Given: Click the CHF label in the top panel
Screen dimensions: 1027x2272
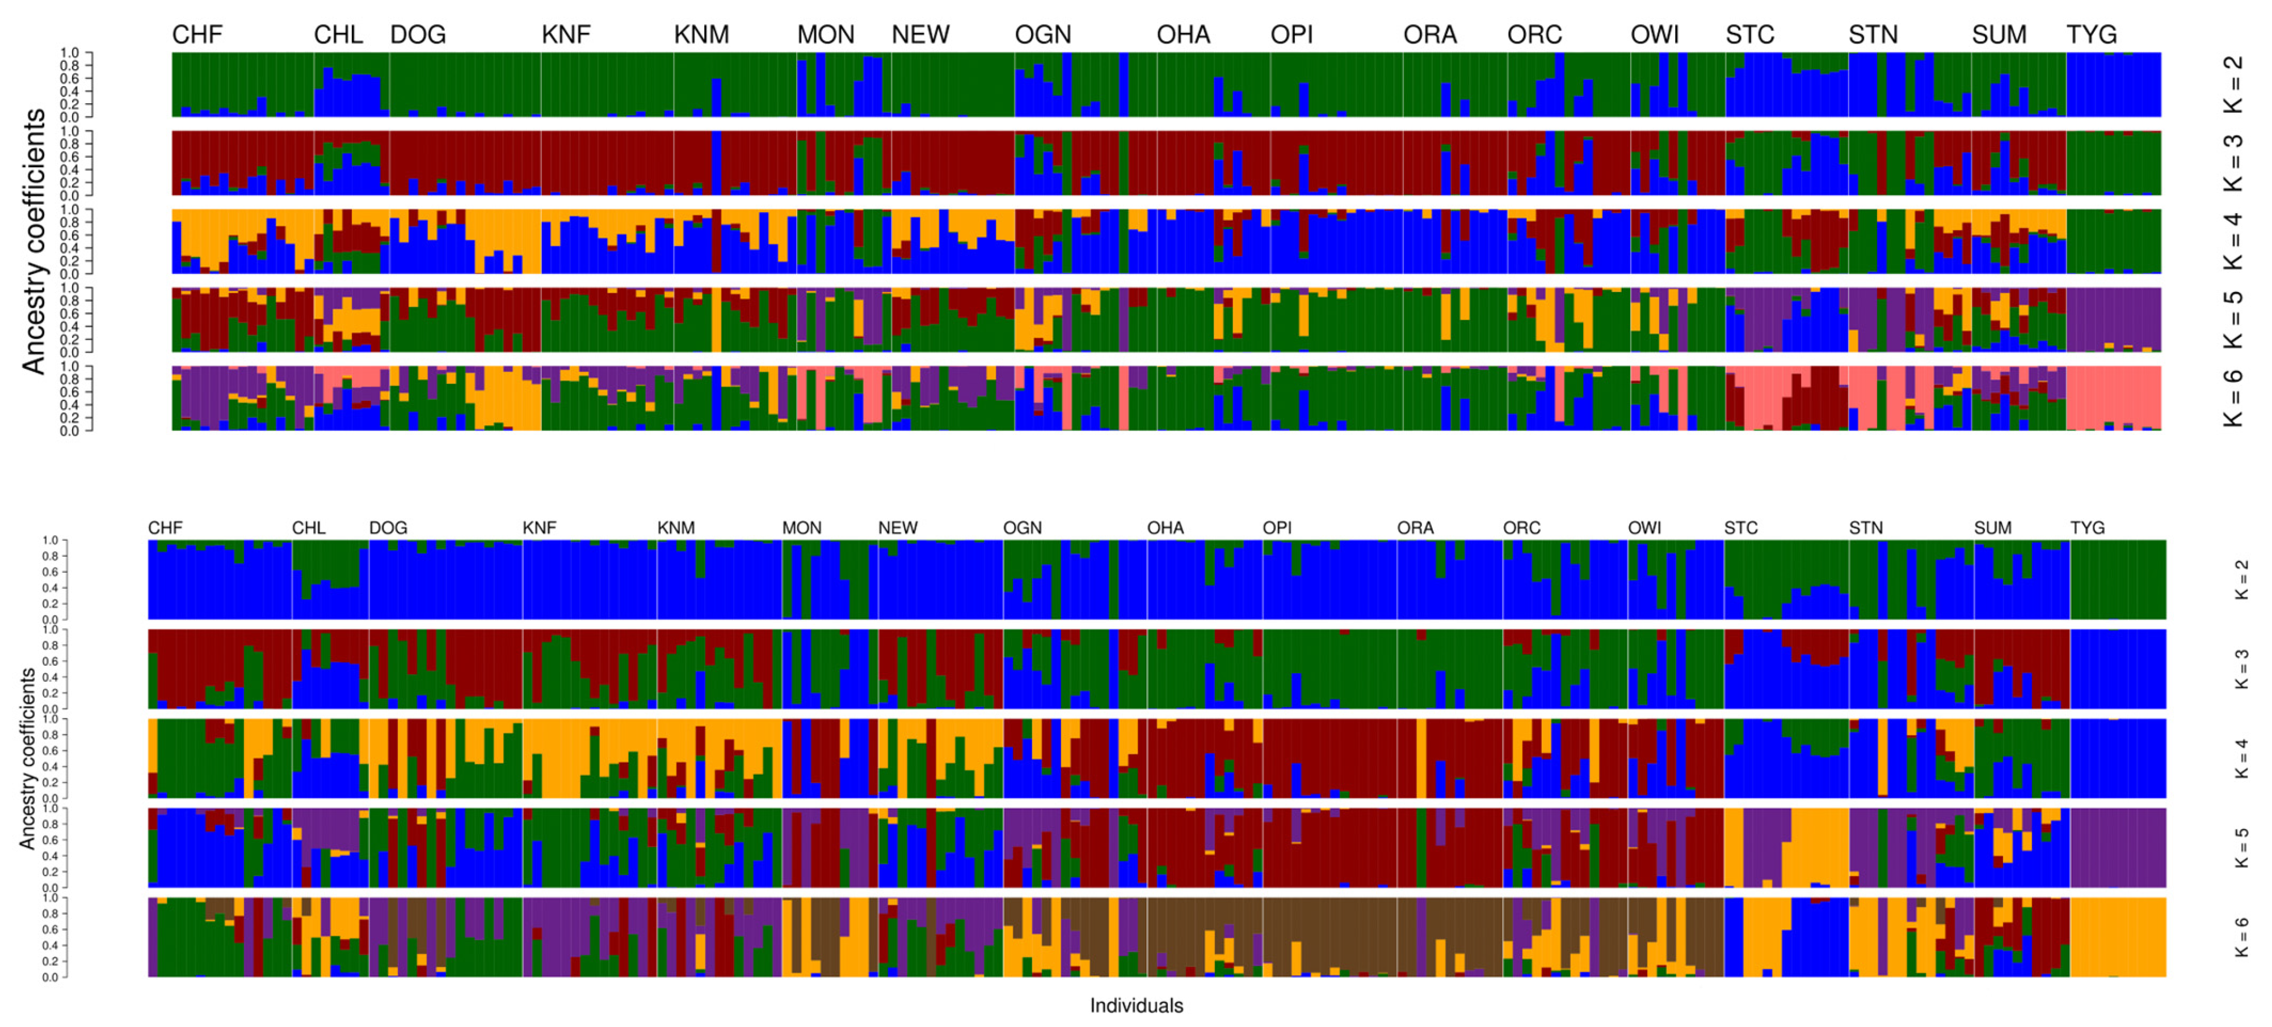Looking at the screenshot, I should [x=197, y=35].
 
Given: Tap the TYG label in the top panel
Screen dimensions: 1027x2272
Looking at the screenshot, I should [x=2091, y=35].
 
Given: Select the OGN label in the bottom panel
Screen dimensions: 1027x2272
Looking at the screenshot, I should [x=1022, y=527].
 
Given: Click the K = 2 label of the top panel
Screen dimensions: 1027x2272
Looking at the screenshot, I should [x=2232, y=84].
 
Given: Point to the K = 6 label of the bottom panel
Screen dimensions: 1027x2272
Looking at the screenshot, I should [x=2241, y=937].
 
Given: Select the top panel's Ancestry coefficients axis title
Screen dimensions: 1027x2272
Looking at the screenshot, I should [x=33, y=242].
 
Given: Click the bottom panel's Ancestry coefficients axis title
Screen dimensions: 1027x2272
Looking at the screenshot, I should [x=27, y=758].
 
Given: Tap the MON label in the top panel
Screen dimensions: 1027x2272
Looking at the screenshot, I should [x=826, y=35].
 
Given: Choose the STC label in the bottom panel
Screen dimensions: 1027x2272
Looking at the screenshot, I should [x=1740, y=527].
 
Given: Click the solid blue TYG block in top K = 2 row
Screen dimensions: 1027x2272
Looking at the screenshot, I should [x=2113, y=84].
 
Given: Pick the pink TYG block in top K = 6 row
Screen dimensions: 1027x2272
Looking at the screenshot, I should [x=2113, y=397].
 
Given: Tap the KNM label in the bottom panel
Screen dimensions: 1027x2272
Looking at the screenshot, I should [x=676, y=527].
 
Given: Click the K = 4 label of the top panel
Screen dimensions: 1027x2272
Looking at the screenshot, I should [x=2232, y=242].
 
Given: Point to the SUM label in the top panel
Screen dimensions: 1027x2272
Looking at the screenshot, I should [x=1998, y=35].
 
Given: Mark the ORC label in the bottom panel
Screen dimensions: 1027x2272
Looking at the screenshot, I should [x=1521, y=527].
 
